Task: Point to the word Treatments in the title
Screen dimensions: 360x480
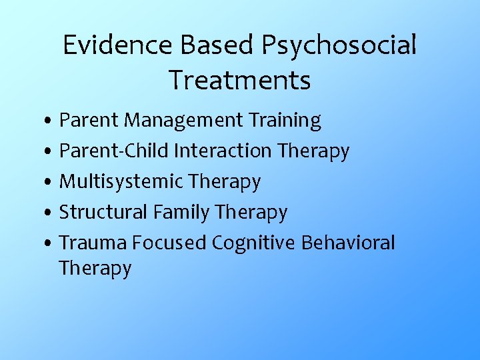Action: pyautogui.click(x=239, y=80)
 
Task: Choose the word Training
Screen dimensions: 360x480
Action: pyautogui.click(x=284, y=121)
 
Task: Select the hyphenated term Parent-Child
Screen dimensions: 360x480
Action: pyautogui.click(x=113, y=151)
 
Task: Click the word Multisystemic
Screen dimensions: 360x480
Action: pyautogui.click(x=121, y=181)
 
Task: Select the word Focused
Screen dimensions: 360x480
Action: pyautogui.click(x=169, y=243)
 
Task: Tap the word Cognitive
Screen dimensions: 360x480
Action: pyautogui.click(x=253, y=243)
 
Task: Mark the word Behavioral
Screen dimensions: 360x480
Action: pyautogui.click(x=348, y=243)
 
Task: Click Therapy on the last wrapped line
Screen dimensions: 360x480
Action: pyautogui.click(x=95, y=269)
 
